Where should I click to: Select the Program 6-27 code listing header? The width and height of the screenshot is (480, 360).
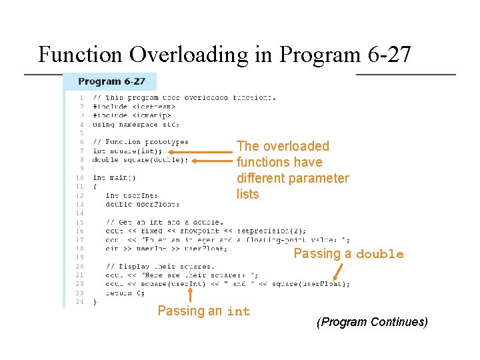tap(111, 81)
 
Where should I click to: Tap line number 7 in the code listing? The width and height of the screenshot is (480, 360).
tap(81, 151)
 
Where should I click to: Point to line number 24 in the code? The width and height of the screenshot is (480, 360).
tap(80, 301)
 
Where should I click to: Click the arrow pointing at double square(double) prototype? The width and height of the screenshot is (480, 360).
tap(212, 160)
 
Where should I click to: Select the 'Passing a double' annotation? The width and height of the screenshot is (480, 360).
tap(348, 253)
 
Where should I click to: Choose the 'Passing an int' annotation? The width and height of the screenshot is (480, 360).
tap(203, 311)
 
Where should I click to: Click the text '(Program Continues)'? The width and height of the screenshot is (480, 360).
tap(372, 322)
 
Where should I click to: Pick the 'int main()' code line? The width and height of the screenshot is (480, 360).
tap(114, 178)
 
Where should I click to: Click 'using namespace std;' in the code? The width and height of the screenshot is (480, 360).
tap(135, 124)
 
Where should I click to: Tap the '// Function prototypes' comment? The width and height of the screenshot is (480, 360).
tap(140, 142)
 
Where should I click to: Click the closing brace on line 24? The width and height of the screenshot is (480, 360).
tap(95, 301)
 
